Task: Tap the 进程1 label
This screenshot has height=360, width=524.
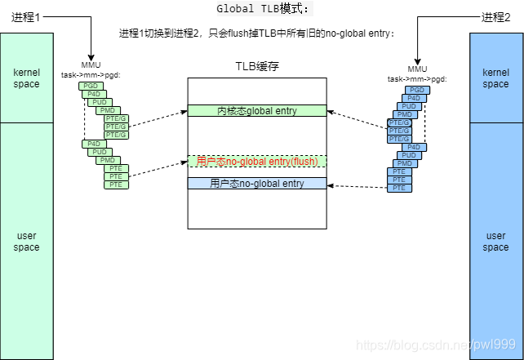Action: tap(27, 17)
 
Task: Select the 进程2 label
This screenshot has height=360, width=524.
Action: tap(496, 17)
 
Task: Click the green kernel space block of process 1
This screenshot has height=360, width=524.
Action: tap(27, 78)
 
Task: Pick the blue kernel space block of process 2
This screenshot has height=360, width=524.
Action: tap(495, 78)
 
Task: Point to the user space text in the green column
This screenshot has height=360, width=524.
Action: tap(27, 242)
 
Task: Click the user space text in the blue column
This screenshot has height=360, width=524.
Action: tap(495, 242)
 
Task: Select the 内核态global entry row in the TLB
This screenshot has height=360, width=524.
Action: tap(256, 111)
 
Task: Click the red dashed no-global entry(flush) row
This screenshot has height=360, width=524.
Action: tap(256, 162)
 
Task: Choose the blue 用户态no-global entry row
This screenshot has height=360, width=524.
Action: tap(256, 184)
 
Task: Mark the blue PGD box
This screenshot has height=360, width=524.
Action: tap(417, 90)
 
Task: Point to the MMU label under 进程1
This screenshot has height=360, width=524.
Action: tap(91, 64)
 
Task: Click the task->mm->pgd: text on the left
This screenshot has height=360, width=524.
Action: tap(91, 74)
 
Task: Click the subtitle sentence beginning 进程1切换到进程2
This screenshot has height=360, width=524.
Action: tap(256, 33)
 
